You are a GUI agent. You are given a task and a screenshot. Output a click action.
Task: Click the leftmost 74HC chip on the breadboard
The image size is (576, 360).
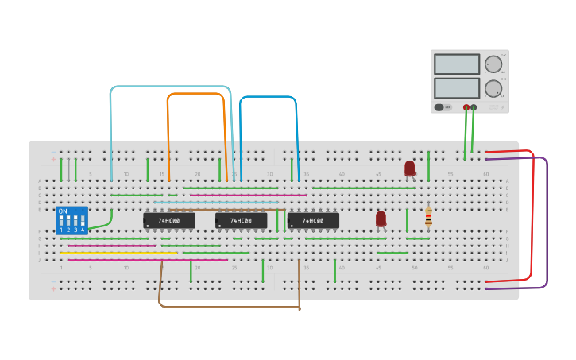[168, 220]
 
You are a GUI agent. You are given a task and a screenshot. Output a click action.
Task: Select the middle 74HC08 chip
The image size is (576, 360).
[241, 220]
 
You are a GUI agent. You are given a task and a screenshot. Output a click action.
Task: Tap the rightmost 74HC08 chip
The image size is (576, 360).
[313, 220]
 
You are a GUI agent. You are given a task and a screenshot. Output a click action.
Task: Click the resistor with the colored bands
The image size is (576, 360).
[428, 217]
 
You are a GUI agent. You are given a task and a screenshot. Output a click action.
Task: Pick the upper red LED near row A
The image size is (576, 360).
[409, 168]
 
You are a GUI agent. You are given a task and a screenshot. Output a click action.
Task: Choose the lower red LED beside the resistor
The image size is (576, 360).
[381, 218]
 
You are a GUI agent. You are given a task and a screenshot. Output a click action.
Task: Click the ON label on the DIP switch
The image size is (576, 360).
[63, 211]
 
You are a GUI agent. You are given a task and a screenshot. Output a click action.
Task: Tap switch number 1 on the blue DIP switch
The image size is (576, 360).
[61, 222]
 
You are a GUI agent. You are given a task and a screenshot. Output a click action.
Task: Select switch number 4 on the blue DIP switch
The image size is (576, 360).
[83, 222]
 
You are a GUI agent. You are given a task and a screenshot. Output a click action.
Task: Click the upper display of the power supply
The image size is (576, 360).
[457, 64]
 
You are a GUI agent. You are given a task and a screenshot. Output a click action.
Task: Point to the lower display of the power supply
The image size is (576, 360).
[457, 87]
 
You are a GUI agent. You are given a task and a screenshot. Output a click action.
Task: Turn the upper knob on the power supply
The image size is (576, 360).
[493, 64]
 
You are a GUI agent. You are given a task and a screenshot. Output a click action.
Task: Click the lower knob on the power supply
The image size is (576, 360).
[493, 88]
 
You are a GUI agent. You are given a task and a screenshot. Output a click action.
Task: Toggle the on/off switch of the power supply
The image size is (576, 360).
[439, 107]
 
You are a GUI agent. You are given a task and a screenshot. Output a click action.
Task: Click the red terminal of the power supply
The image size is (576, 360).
[466, 107]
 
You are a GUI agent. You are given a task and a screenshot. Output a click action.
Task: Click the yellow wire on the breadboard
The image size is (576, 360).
[119, 253]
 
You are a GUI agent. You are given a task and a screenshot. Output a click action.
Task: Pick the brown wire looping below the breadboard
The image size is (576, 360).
[230, 306]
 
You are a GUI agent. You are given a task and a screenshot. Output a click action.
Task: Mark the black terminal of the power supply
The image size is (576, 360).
[474, 107]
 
